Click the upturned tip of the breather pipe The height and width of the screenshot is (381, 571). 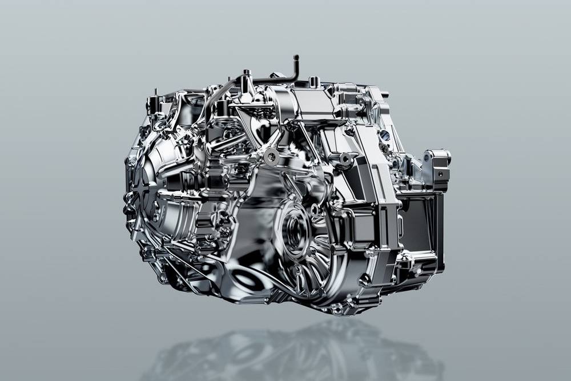pyautogui.click(x=296, y=58)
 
